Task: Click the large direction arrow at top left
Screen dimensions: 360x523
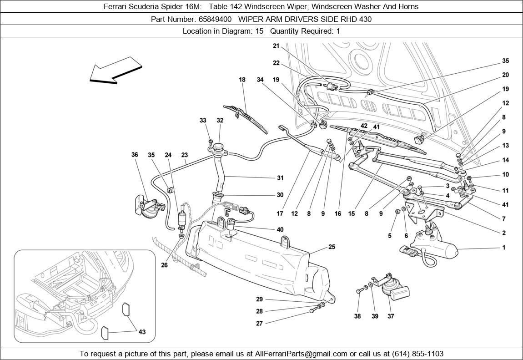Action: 116,71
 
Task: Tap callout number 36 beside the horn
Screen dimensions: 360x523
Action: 135,155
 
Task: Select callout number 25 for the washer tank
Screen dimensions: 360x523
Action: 332,247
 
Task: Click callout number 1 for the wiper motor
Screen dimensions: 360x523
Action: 503,248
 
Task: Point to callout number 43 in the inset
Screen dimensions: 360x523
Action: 142,332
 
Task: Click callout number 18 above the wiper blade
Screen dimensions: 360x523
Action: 242,80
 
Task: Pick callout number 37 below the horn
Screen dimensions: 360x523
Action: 391,316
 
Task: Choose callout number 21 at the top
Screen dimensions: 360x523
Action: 276,46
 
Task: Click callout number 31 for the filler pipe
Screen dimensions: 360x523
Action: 280,178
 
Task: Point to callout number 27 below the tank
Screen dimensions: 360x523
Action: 259,323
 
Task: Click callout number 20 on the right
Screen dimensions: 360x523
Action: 505,75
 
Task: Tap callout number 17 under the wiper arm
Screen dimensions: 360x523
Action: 280,213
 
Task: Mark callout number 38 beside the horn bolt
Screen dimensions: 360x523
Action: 357,316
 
